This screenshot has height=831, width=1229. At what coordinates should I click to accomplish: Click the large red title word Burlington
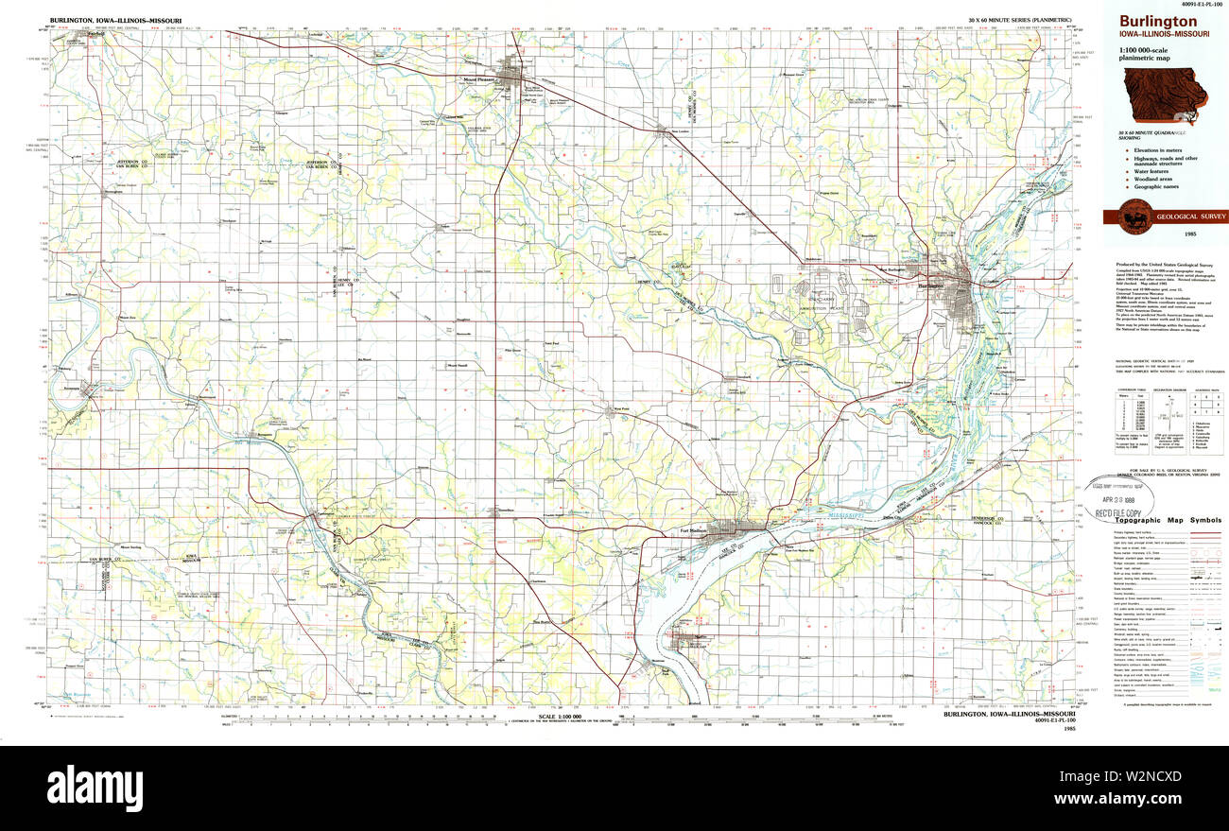point(1158,21)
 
